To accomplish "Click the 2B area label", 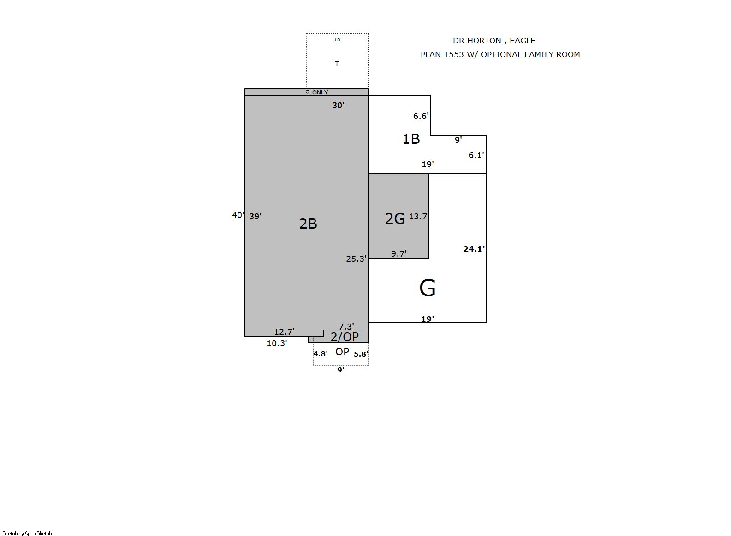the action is (308, 224).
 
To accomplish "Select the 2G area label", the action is (395, 218).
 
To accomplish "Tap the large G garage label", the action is (427, 288).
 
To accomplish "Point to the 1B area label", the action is (411, 139).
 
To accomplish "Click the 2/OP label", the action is (345, 337).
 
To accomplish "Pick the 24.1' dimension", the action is (474, 249).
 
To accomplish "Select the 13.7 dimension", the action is (418, 217).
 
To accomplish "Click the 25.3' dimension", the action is (357, 259).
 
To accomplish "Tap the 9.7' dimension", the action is (399, 253).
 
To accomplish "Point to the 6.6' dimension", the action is (421, 116).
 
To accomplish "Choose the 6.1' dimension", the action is (476, 155).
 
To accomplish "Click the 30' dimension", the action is (339, 105).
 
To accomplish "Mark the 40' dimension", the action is (238, 215).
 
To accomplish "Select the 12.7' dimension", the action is (284, 331).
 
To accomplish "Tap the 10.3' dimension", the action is (277, 343).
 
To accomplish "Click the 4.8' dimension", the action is (321, 354).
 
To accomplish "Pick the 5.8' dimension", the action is (361, 354).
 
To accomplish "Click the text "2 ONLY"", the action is (317, 93).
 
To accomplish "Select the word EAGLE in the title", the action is (523, 41).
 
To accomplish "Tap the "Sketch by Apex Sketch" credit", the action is (27, 533).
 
